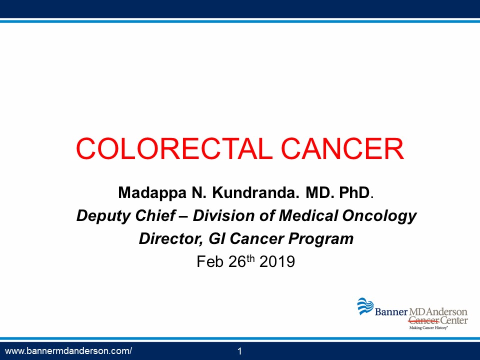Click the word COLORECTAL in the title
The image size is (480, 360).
[174, 149]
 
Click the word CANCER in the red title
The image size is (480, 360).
[342, 149]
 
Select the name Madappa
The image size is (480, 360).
[152, 193]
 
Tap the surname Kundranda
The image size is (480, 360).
[255, 192]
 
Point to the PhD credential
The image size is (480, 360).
[354, 192]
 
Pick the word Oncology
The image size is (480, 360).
[379, 216]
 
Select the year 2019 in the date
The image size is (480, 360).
[277, 261]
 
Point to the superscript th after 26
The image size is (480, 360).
[250, 258]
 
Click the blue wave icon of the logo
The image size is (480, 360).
[365, 306]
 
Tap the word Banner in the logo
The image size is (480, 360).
[391, 312]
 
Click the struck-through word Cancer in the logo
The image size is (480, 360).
[423, 321]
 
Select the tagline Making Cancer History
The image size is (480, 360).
[428, 328]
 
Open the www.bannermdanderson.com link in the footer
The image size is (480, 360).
[68, 351]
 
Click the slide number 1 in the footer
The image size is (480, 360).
[239, 351]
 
